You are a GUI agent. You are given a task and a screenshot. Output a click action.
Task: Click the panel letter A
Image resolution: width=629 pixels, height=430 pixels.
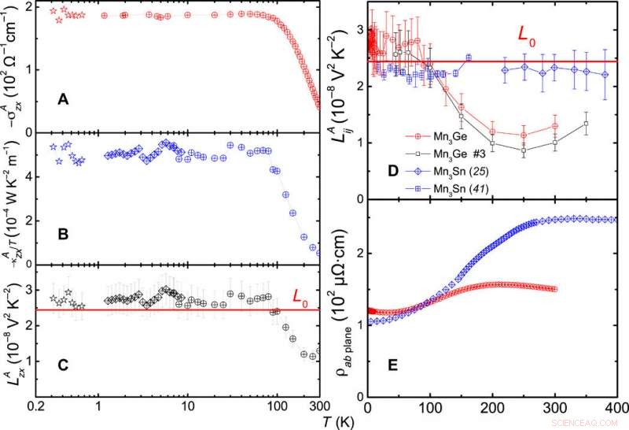(x=65, y=99)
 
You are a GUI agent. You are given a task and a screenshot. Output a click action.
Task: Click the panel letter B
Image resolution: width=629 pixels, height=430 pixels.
(x=65, y=234)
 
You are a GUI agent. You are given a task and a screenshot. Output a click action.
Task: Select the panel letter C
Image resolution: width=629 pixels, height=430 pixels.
(x=65, y=365)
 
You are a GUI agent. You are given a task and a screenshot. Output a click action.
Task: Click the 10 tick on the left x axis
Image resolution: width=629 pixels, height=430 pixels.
(x=187, y=408)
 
